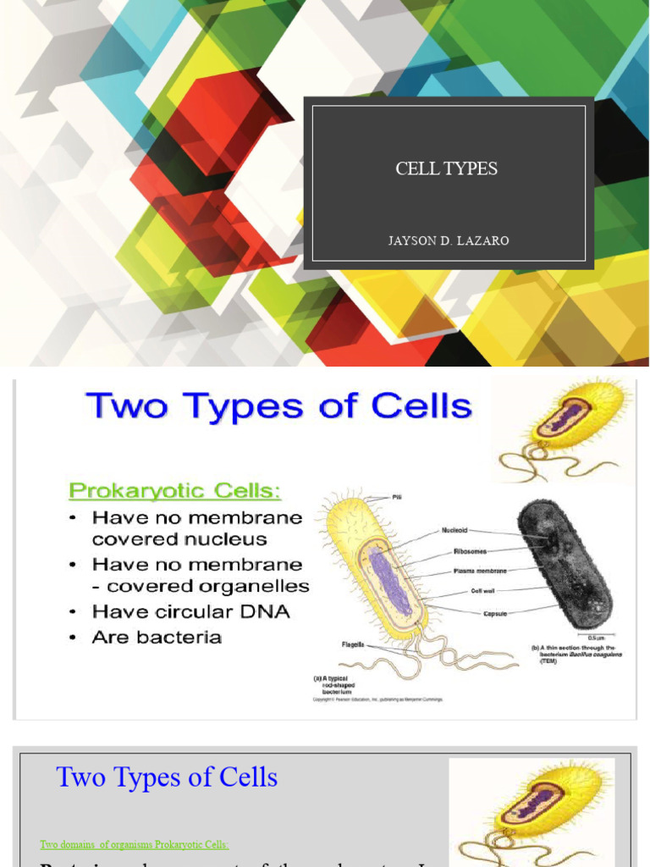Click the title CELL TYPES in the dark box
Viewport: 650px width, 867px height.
(446, 168)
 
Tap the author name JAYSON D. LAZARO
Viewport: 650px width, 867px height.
(449, 241)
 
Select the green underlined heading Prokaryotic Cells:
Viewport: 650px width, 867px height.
(174, 490)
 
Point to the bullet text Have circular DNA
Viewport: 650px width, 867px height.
(190, 611)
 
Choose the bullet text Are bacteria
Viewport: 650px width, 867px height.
(157, 637)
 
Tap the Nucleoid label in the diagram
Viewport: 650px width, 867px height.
(454, 531)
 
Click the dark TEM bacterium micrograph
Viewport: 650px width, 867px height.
(564, 563)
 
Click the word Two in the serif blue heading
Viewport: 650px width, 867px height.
(83, 777)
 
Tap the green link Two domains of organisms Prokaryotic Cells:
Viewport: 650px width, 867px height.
(134, 844)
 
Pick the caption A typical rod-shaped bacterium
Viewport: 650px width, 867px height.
(339, 685)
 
